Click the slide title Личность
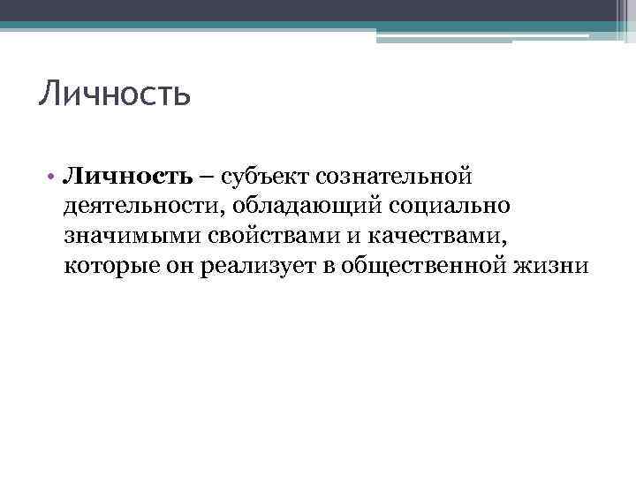click(115, 93)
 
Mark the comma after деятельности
click(200, 214)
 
